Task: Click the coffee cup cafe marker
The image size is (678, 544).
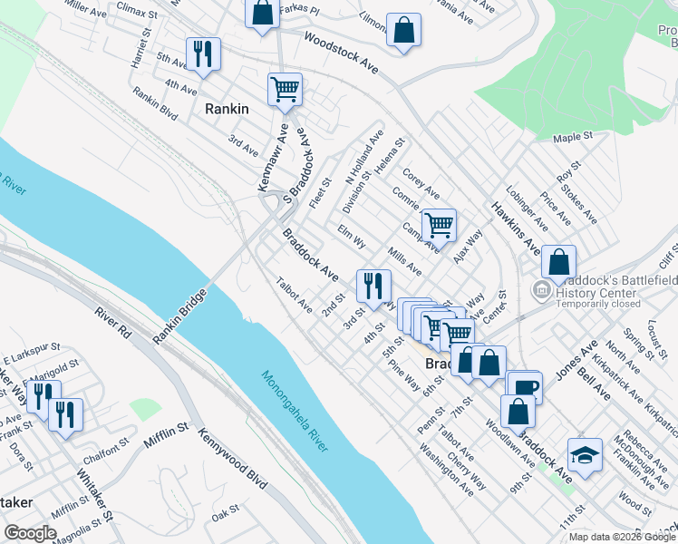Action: point(524,387)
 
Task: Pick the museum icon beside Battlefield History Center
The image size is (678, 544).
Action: point(541,290)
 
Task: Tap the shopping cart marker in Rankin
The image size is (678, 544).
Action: point(285,90)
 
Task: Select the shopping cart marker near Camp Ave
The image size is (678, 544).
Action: point(439,226)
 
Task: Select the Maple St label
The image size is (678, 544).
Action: point(572,137)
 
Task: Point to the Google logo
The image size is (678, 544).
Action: point(31,533)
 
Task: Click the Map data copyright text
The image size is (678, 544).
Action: point(622,537)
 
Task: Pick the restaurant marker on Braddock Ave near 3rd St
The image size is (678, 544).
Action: point(373,287)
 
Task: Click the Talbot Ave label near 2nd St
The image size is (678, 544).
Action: point(295,295)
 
